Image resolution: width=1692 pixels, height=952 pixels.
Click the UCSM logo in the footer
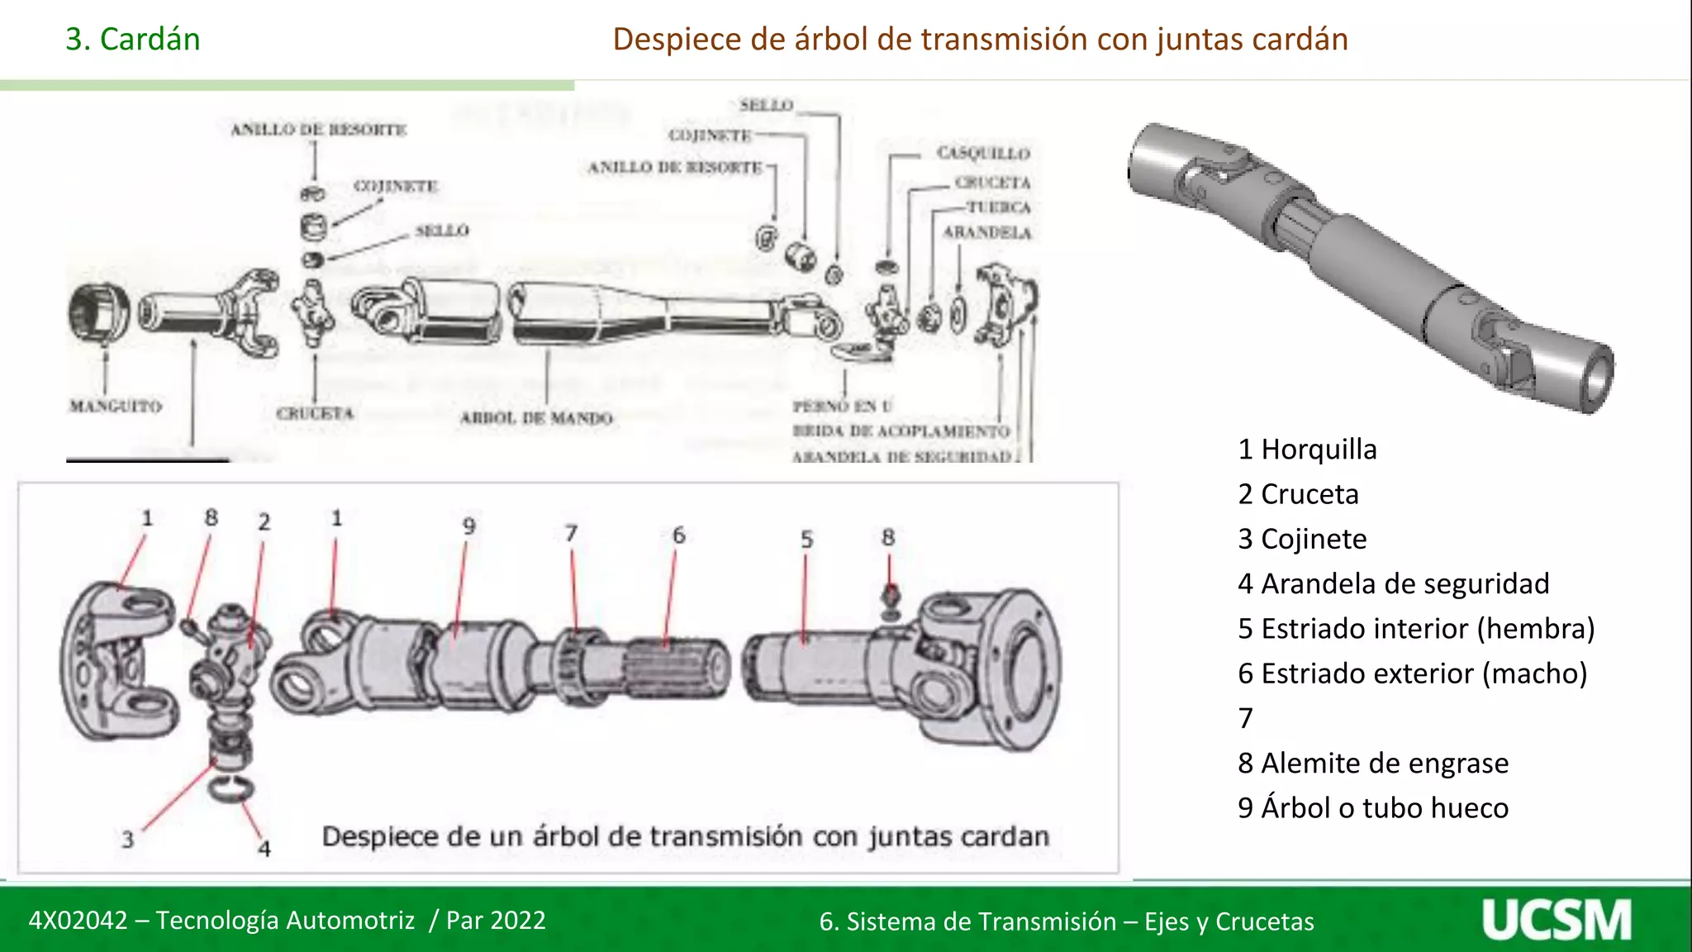pyautogui.click(x=1557, y=920)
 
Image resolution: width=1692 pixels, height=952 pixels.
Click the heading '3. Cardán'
pyautogui.click(x=133, y=39)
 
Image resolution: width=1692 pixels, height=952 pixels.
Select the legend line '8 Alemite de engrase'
pyautogui.click(x=1372, y=763)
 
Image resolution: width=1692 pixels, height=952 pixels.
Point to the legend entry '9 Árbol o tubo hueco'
pyautogui.click(x=1372, y=807)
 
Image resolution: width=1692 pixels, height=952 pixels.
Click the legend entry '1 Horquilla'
pyautogui.click(x=1307, y=450)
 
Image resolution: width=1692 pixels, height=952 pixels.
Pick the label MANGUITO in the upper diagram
pyautogui.click(x=116, y=406)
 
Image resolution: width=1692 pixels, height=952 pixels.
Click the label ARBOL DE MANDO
pyautogui.click(x=536, y=418)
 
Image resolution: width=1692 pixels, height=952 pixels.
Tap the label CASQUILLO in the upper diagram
pyautogui.click(x=983, y=153)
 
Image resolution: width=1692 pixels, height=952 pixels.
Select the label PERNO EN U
pyautogui.click(x=843, y=406)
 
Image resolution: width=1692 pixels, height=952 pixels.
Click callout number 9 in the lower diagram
pyautogui.click(x=468, y=526)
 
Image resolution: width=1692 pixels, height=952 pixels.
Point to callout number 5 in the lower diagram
pyautogui.click(x=806, y=540)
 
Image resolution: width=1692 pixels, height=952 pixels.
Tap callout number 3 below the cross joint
pyautogui.click(x=127, y=840)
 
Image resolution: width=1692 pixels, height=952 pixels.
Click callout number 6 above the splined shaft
pyautogui.click(x=678, y=535)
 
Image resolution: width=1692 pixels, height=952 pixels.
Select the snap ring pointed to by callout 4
pyautogui.click(x=231, y=788)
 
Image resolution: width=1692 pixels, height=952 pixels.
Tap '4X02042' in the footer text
pyautogui.click(x=78, y=920)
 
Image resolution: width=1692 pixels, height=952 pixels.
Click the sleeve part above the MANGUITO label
pyautogui.click(x=98, y=312)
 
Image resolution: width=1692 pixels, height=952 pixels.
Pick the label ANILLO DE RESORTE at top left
pyautogui.click(x=319, y=130)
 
